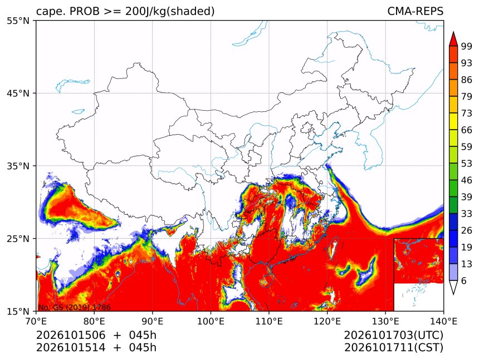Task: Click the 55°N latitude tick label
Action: [x=18, y=21]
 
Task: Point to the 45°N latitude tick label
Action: [x=18, y=93]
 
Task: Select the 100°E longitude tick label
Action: [x=211, y=321]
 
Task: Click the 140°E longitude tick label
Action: [x=443, y=321]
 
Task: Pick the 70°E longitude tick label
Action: [x=36, y=321]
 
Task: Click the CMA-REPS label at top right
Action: [x=415, y=11]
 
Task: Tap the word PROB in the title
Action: [x=85, y=11]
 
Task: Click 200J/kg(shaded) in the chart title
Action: [x=170, y=12]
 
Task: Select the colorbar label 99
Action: [x=467, y=46]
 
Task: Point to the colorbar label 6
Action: [x=464, y=280]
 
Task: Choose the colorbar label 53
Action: [x=467, y=164]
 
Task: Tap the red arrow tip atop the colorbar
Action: [x=453, y=32]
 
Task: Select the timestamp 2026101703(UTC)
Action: [x=393, y=336]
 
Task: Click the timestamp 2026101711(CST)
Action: [x=393, y=348]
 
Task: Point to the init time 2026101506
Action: [x=71, y=336]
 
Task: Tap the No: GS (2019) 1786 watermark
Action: [x=74, y=307]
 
